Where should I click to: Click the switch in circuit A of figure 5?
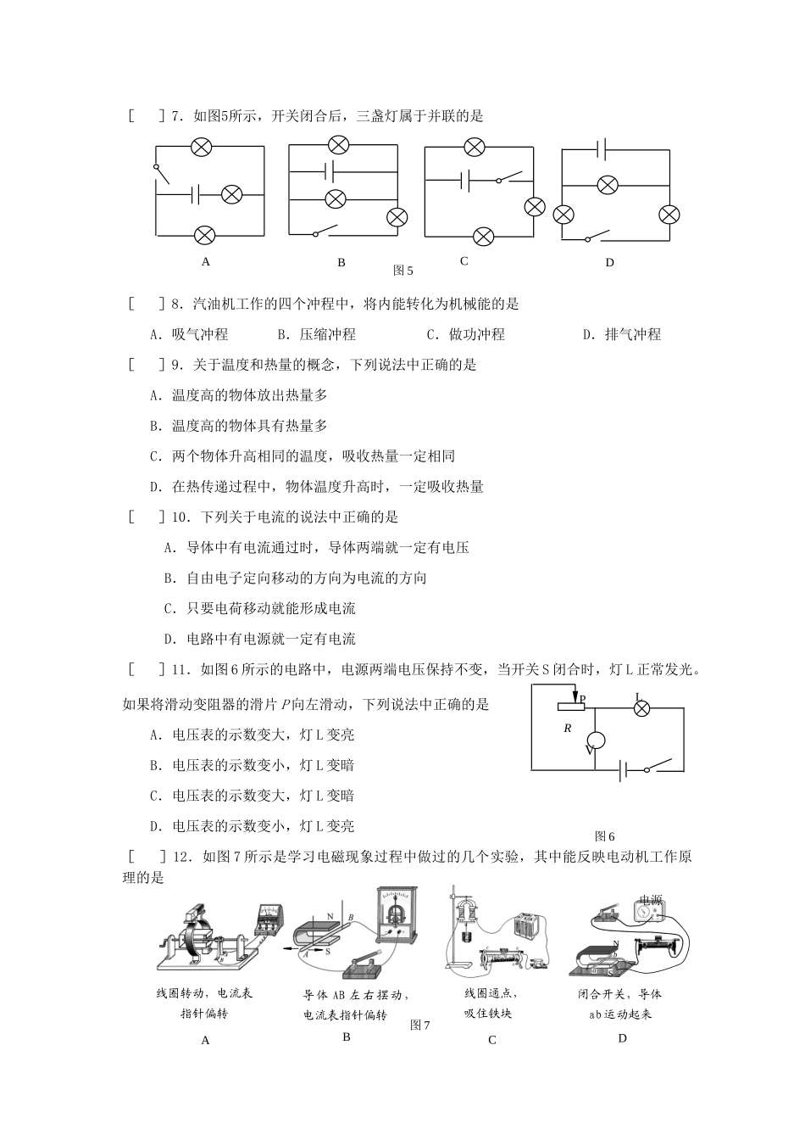pyautogui.click(x=161, y=172)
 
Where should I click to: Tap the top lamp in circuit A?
pyautogui.click(x=201, y=148)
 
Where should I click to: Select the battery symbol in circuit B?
pyautogui.click(x=330, y=171)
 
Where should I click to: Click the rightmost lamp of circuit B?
pyautogui.click(x=397, y=217)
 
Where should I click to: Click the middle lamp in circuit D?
pyautogui.click(x=607, y=185)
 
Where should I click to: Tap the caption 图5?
pyautogui.click(x=402, y=271)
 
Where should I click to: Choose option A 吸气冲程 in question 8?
pyautogui.click(x=189, y=334)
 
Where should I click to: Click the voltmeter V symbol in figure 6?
pyautogui.click(x=594, y=740)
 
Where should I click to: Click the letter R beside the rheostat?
pyautogui.click(x=568, y=729)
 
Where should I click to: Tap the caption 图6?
pyautogui.click(x=604, y=835)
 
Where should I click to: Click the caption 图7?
pyautogui.click(x=420, y=1025)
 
